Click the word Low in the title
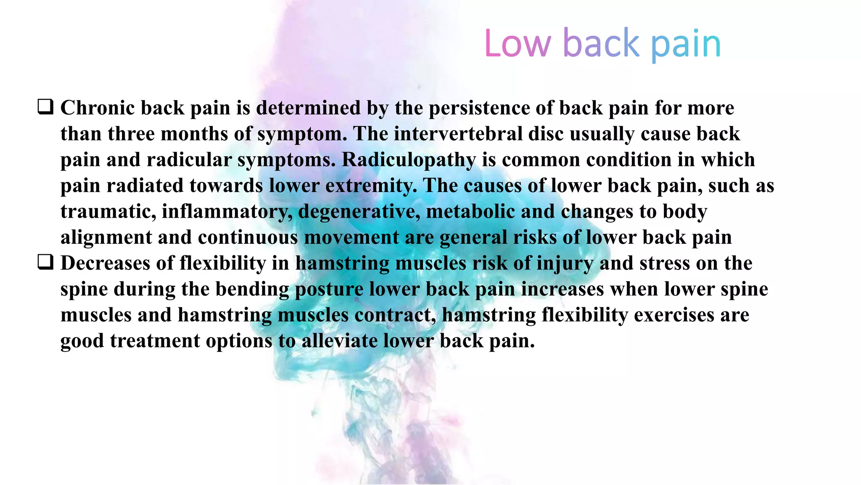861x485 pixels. click(x=517, y=43)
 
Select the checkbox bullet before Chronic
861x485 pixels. click(x=45, y=107)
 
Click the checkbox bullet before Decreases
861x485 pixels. click(x=45, y=262)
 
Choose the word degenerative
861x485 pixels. click(x=359, y=211)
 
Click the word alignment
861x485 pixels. click(x=106, y=237)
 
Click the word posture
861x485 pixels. click(x=329, y=289)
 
